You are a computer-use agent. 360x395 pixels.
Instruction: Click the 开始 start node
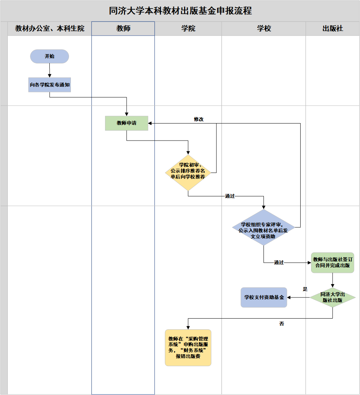tap(49, 56)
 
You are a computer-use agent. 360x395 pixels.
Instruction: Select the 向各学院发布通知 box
tap(49, 85)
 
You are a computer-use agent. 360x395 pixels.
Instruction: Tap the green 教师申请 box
tap(127, 123)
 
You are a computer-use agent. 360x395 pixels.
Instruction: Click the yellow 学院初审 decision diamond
tap(188, 171)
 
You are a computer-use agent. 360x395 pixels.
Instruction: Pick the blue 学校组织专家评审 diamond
tap(264, 227)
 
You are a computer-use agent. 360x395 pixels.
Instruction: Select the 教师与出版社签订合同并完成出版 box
tap(333, 263)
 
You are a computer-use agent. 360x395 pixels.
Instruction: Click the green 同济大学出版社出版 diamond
tap(333, 297)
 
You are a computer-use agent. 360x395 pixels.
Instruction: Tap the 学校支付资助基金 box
tap(264, 297)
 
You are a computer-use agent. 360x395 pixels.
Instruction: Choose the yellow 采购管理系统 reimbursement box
tap(188, 348)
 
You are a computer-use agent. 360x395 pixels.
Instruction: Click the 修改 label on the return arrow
tap(199, 119)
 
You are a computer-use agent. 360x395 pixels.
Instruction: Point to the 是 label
tap(305, 289)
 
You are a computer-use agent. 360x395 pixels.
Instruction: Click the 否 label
tap(282, 324)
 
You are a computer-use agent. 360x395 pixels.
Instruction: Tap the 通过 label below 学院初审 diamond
tap(230, 196)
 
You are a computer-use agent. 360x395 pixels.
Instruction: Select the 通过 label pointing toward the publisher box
tap(279, 263)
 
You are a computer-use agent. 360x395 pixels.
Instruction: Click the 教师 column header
tap(123, 29)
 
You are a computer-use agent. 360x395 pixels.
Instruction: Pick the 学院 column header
tap(188, 29)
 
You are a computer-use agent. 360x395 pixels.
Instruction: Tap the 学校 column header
tap(264, 29)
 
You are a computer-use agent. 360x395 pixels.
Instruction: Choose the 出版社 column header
tap(333, 29)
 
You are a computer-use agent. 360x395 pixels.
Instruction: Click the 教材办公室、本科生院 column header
tap(50, 29)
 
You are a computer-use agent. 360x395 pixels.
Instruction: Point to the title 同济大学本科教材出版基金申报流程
tap(180, 11)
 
